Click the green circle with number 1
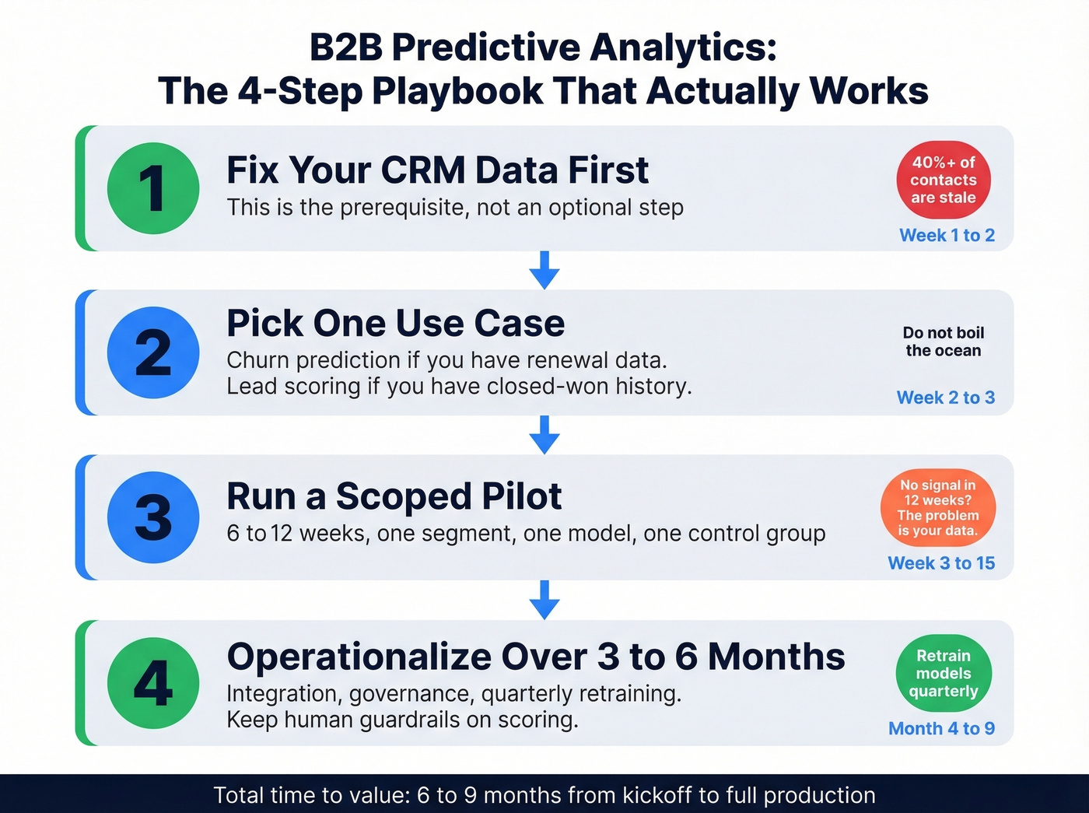[x=153, y=188]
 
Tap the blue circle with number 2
[x=153, y=352]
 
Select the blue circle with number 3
[x=153, y=517]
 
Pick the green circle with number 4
[x=153, y=682]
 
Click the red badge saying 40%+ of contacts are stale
[x=944, y=180]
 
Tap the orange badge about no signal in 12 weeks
[x=938, y=507]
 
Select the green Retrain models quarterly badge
[x=944, y=673]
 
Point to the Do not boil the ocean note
[x=944, y=342]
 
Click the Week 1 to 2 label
[x=947, y=235]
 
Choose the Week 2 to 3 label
[x=945, y=398]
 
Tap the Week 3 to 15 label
[x=941, y=562]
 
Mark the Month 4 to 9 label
[x=941, y=728]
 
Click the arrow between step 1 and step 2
[x=544, y=270]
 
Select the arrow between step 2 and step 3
[x=544, y=434]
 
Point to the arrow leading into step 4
[x=544, y=600]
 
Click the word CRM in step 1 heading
[x=424, y=170]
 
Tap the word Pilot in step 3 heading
[x=521, y=496]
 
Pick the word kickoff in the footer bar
[x=657, y=795]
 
